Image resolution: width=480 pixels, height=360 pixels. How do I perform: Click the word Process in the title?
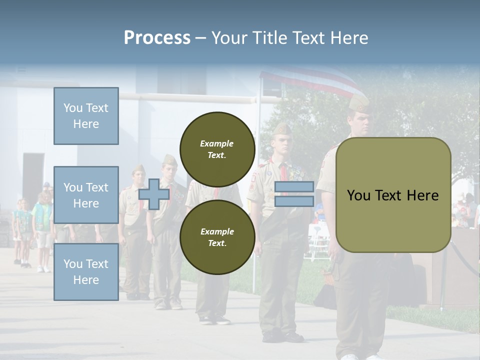tap(157, 38)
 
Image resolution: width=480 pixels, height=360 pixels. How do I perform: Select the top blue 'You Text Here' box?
tap(86, 116)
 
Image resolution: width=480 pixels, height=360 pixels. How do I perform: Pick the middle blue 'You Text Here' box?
tap(86, 195)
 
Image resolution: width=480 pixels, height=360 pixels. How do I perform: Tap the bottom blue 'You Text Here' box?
tap(86, 272)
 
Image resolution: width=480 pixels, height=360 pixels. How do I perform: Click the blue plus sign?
tap(154, 194)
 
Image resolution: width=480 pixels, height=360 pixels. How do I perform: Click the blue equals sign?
tap(294, 194)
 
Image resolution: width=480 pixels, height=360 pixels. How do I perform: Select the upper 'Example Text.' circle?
tap(217, 149)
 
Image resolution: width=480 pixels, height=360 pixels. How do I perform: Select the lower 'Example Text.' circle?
tap(217, 237)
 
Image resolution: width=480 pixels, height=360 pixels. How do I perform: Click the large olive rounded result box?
tap(393, 194)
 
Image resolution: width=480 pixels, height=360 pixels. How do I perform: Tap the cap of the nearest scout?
tap(358, 103)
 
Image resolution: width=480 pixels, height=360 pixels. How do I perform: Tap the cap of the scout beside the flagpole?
tap(281, 129)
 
